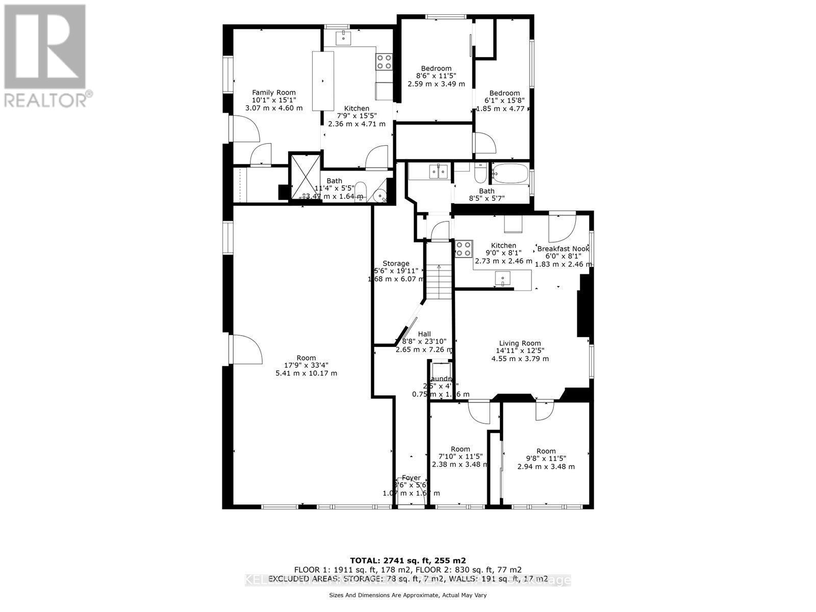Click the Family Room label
[274, 92]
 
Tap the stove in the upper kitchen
[384, 62]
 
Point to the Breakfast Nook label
[563, 248]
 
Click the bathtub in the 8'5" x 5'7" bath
[511, 173]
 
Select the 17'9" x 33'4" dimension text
[306, 365]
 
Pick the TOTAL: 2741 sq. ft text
[407, 559]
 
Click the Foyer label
[411, 478]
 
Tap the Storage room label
[396, 263]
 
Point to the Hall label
[424, 334]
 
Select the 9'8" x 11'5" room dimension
[546, 458]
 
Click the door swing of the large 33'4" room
[247, 350]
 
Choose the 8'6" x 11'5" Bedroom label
[436, 68]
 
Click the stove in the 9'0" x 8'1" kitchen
[464, 249]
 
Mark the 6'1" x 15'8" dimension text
[504, 100]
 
